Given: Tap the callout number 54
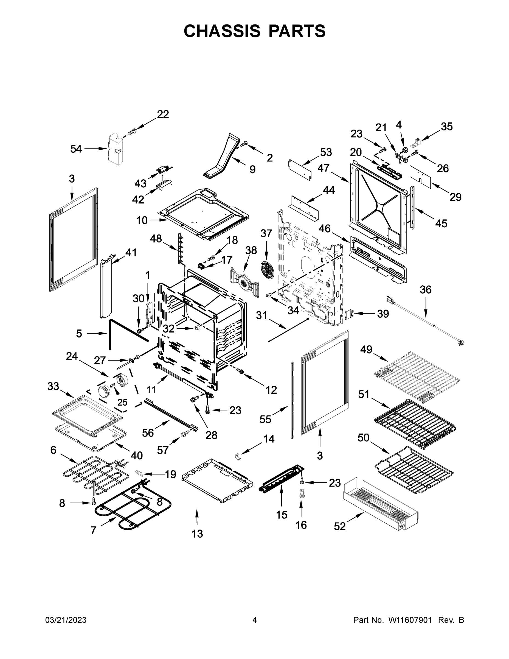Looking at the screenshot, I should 76,149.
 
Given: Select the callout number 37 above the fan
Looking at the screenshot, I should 266,234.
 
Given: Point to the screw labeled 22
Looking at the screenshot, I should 132,132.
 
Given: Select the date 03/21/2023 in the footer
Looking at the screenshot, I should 66,620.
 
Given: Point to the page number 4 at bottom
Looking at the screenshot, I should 255,620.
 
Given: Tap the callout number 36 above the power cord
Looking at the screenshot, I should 426,290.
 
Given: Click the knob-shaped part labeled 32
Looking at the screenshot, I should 198,327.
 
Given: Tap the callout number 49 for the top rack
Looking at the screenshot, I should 366,350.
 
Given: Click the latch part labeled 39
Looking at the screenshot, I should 349,314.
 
